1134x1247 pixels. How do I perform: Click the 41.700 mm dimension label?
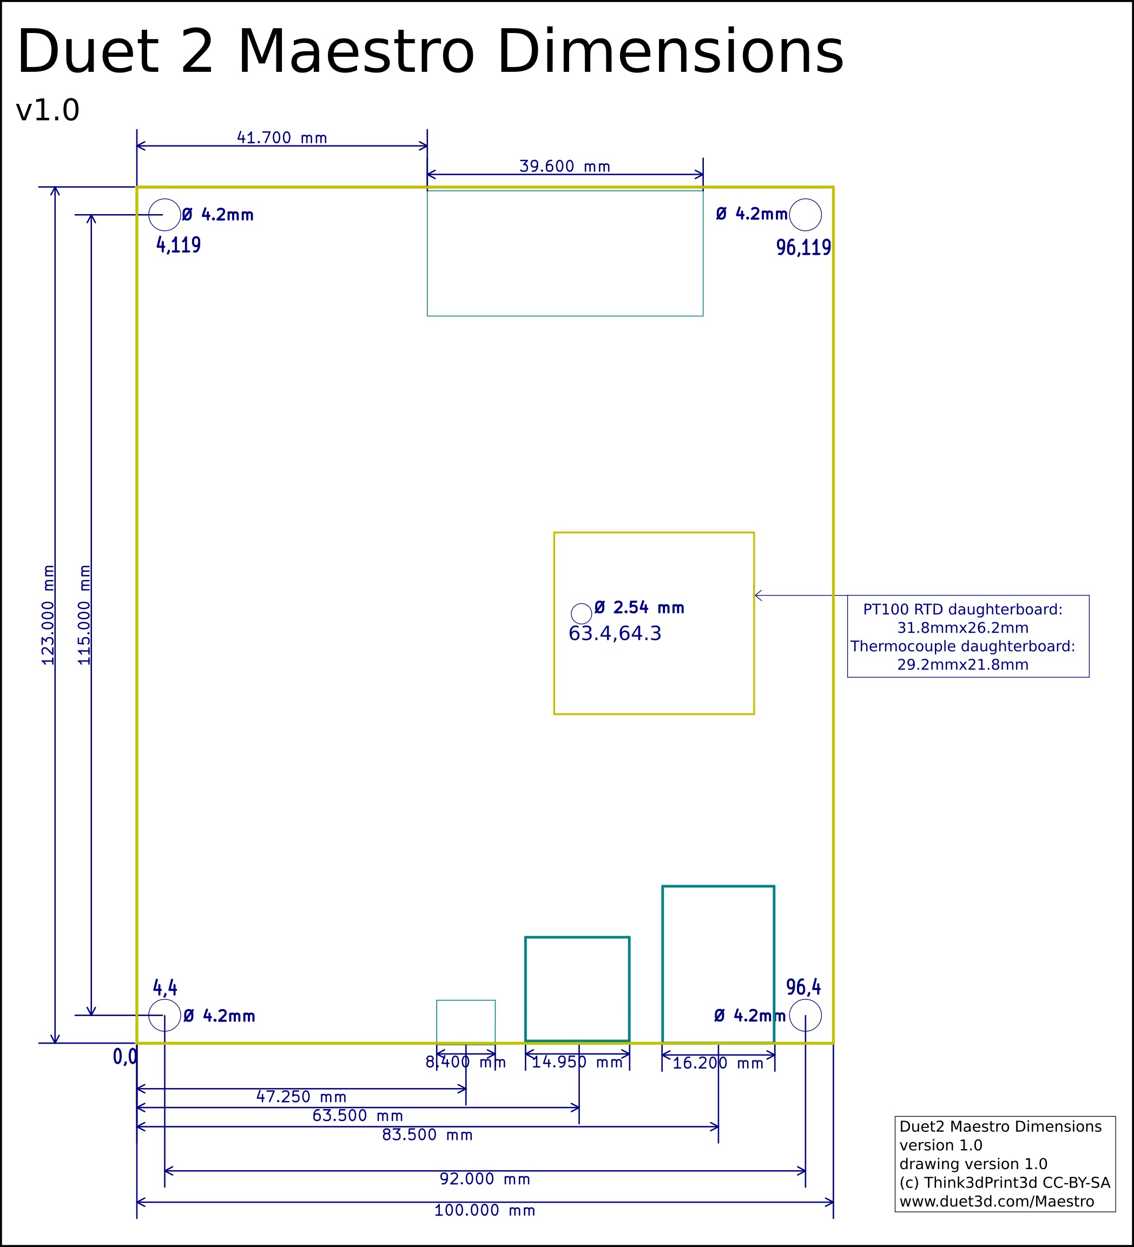[x=282, y=137]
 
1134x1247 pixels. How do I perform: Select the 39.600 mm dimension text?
[x=564, y=166]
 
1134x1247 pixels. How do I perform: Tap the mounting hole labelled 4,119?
[x=164, y=215]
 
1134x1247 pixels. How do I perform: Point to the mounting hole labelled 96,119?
[x=805, y=215]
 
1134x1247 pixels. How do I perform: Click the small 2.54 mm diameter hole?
[x=581, y=614]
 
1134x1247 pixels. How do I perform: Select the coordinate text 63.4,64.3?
[x=615, y=633]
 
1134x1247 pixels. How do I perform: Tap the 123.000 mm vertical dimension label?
[x=48, y=615]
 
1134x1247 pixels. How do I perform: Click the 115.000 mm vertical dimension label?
[x=84, y=615]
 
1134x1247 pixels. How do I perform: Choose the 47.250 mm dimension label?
[x=301, y=1097]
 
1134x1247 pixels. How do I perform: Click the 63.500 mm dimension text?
[x=357, y=1116]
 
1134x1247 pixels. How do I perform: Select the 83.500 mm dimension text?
[x=427, y=1135]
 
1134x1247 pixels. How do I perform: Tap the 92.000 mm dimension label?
[x=485, y=1179]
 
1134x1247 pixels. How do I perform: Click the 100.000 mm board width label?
[x=485, y=1211]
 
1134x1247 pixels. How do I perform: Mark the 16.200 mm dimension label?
[x=718, y=1063]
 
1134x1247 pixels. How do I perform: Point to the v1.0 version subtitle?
[x=48, y=111]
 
